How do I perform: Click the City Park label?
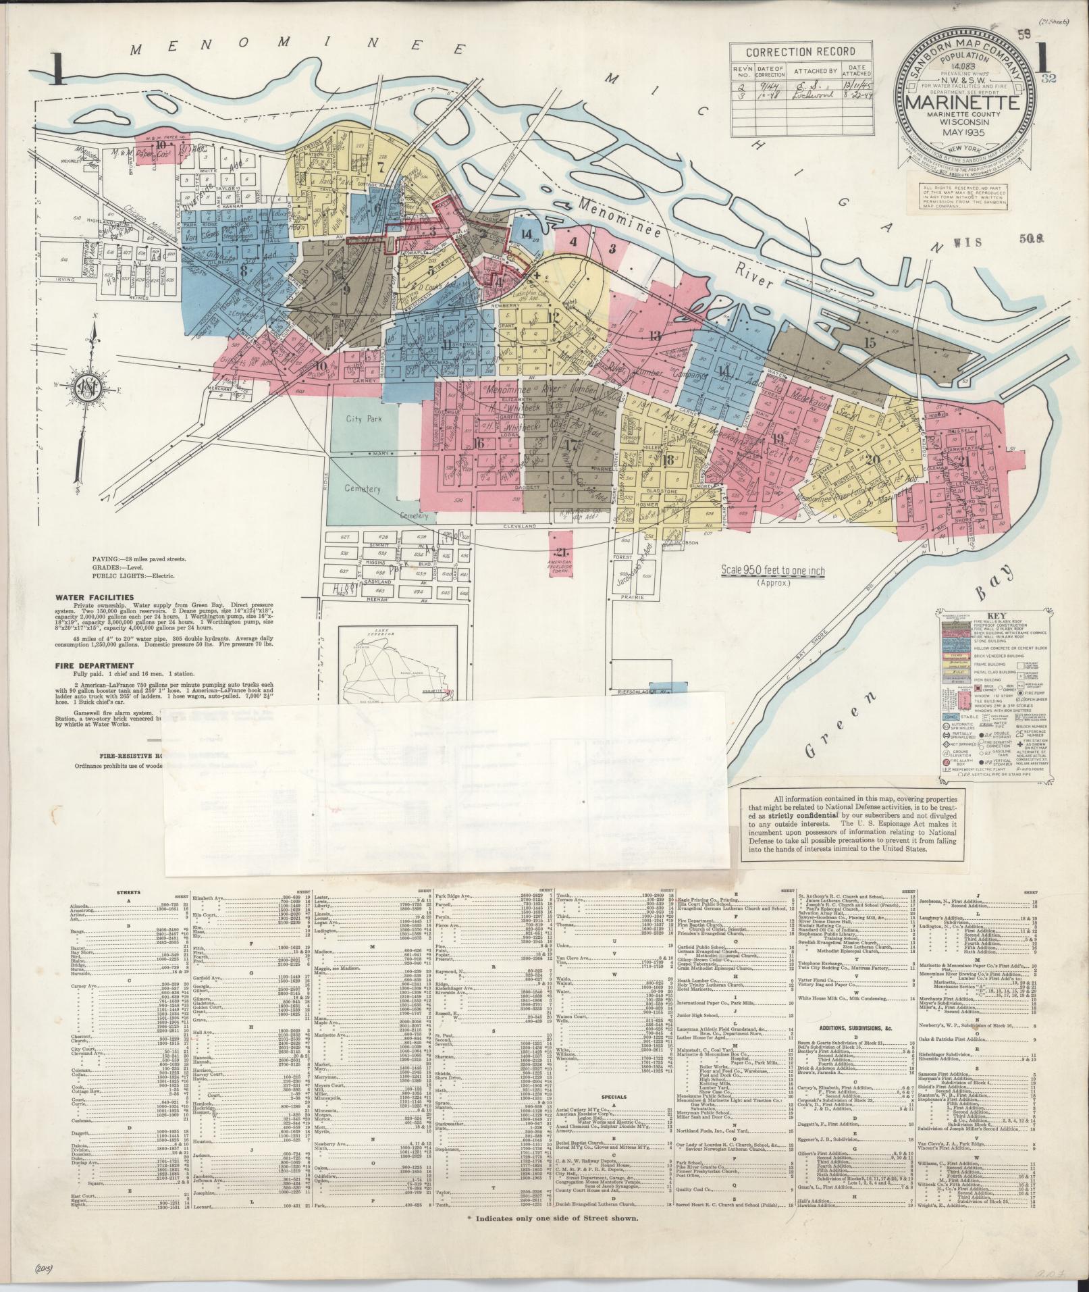[x=364, y=419]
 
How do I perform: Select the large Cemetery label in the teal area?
[x=363, y=488]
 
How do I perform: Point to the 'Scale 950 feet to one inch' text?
[x=772, y=571]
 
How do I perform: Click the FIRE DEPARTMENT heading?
[x=95, y=665]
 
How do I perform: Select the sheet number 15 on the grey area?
[x=870, y=342]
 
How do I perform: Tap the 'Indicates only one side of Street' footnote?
[x=554, y=1218]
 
